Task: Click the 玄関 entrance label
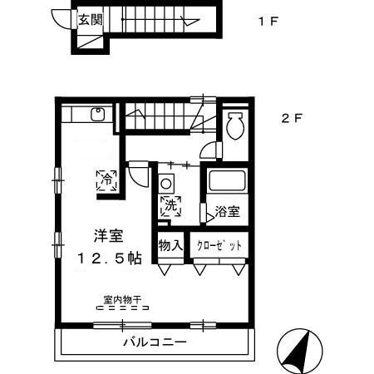pos(91,19)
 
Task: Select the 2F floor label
pos(290,118)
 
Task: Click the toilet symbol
pos(235,127)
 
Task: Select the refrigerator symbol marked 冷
pos(107,180)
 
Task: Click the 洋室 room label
pos(104,235)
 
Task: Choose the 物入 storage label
pos(170,246)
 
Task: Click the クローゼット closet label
pos(219,246)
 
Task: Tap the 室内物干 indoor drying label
pos(122,298)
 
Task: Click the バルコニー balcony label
pos(155,342)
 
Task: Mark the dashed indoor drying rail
pos(122,308)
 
